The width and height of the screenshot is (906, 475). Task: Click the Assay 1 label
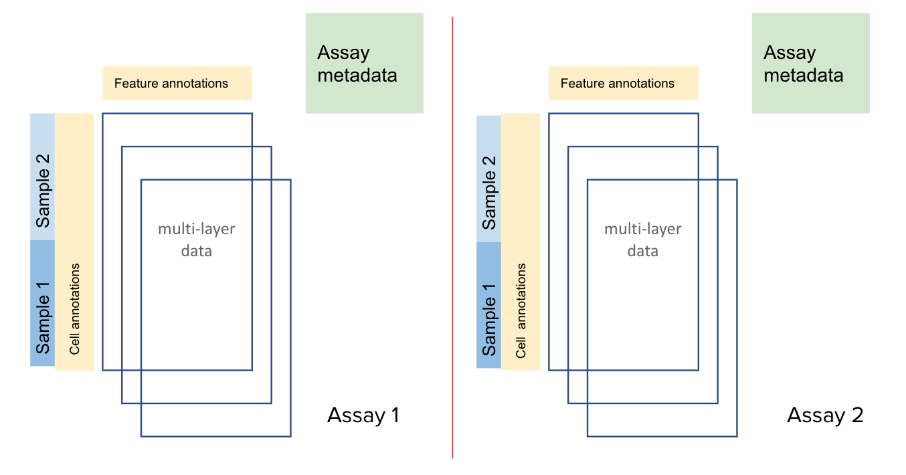[x=363, y=415]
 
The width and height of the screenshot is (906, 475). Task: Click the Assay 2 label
[x=825, y=415]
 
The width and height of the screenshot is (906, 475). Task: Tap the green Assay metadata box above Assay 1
[x=364, y=63]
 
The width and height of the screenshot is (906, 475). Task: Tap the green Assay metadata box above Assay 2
[x=810, y=63]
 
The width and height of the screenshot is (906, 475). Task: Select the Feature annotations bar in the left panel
[x=177, y=84]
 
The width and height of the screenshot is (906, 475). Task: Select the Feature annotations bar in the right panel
[x=623, y=84]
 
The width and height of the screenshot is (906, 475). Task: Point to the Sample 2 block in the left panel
[x=42, y=177]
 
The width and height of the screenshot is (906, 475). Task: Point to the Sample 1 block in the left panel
[x=42, y=303]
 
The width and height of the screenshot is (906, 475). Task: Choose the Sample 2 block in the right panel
[x=488, y=179]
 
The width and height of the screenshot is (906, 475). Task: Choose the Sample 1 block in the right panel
[x=488, y=305]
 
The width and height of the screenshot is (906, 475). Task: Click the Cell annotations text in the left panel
[x=74, y=308]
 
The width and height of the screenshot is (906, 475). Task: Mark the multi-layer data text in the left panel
[x=196, y=240]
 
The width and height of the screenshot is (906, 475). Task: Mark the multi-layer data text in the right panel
[x=642, y=240]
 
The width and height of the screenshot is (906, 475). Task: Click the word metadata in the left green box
[x=357, y=75]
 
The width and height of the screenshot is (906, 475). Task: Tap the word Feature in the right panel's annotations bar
[x=581, y=84]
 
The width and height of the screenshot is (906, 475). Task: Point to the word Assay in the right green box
[x=790, y=53]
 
